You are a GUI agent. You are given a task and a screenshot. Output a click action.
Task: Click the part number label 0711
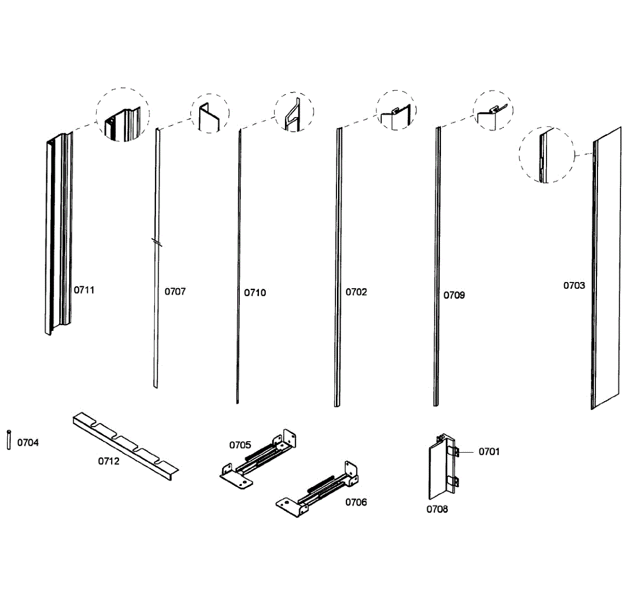coord(84,290)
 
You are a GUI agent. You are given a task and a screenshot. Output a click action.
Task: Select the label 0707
coord(175,291)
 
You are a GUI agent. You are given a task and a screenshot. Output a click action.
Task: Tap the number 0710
coord(255,292)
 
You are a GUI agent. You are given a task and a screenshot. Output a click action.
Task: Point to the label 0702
coord(356,292)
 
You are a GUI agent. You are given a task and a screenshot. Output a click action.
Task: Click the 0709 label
coord(454,295)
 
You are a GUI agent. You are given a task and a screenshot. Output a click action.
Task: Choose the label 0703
coord(574,285)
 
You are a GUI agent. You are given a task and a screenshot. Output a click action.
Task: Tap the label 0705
coord(240,445)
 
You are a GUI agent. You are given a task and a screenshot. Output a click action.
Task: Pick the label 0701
coord(489,451)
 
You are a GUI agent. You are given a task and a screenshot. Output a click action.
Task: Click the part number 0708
coord(437,509)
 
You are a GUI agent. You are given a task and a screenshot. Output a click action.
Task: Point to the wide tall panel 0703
coord(606,271)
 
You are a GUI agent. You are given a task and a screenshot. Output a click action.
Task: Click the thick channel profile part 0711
coord(58,234)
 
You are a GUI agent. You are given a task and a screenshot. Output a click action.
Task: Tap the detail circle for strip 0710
coord(294,112)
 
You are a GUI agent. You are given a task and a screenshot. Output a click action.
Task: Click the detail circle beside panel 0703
coord(547,155)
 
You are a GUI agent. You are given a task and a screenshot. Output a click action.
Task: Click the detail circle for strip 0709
coord(492,111)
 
